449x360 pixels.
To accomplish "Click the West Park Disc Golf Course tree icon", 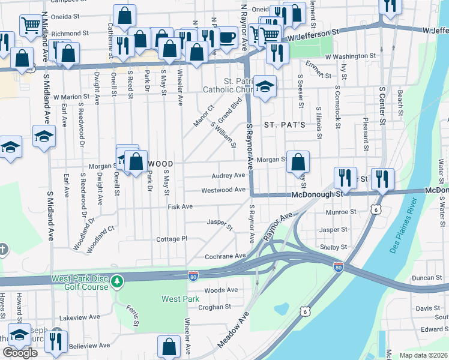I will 118,280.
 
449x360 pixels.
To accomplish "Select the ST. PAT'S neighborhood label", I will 285,125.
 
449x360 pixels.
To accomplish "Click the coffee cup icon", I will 226,38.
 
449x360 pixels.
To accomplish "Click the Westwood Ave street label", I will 223,190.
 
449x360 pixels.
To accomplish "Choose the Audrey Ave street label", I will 228,176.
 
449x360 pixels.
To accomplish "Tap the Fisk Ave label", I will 180,206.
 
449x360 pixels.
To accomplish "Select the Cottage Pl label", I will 172,239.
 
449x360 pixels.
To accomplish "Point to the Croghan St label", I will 215,307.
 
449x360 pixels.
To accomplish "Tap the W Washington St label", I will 351,56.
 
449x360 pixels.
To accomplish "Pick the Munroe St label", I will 341,212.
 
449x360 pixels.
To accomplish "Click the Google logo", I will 20,353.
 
